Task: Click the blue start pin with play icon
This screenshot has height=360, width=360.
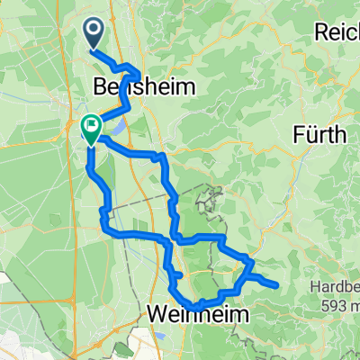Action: click(x=95, y=34)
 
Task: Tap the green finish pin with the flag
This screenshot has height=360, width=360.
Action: click(x=91, y=129)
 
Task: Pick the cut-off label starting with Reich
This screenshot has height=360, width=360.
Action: click(x=337, y=32)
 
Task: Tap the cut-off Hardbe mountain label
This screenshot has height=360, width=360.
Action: click(x=336, y=290)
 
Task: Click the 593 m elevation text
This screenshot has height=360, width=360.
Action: click(x=340, y=305)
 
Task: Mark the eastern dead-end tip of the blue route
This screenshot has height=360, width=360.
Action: click(x=274, y=286)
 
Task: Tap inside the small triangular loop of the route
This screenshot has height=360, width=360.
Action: click(x=241, y=266)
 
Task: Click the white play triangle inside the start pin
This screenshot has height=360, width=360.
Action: click(x=95, y=31)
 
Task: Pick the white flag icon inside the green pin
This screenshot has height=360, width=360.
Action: click(x=91, y=125)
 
